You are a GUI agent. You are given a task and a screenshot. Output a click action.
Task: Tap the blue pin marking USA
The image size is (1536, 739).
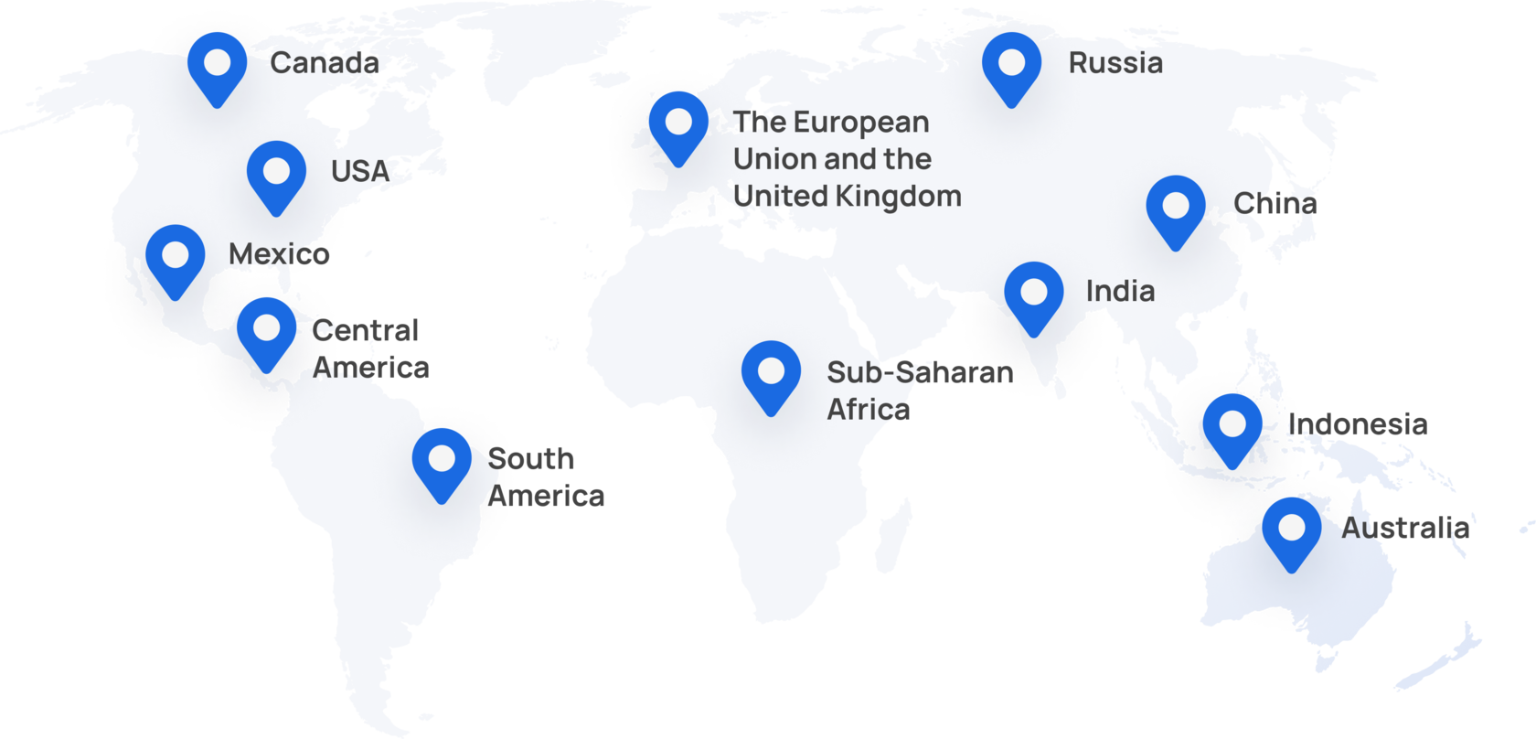276,173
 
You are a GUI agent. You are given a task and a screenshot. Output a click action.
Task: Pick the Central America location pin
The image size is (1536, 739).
266,328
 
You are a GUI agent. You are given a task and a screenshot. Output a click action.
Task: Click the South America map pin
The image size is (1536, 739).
442,459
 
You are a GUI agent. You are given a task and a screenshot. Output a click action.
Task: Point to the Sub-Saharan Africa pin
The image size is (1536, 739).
771,372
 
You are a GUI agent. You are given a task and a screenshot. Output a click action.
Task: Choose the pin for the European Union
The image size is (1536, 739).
678,123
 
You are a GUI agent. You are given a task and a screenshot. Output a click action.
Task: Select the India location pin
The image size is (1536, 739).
1033,294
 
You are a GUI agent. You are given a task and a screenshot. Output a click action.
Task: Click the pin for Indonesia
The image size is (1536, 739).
1232,425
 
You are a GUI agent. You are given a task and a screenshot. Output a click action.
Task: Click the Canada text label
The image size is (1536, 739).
325,63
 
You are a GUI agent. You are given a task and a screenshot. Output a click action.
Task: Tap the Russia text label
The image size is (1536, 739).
1115,63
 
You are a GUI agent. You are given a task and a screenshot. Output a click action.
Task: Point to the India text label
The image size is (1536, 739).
1120,291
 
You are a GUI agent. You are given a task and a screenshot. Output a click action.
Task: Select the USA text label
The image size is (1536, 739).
360,171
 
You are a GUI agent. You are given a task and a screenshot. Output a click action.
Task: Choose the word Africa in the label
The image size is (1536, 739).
868,410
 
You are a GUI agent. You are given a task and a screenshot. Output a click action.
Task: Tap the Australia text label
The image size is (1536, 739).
1405,528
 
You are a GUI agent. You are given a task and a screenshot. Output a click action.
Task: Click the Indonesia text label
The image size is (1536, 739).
1358,423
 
